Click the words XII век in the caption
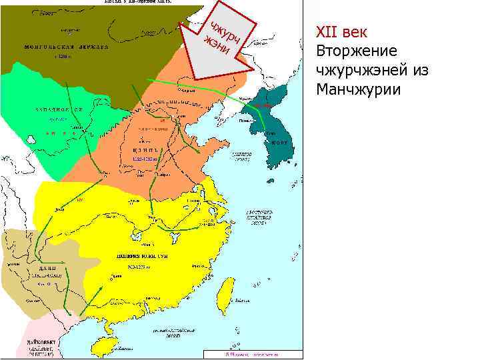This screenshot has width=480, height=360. click(x=346, y=32)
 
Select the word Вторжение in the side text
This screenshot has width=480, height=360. click(x=357, y=51)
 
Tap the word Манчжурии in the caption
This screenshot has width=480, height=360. click(x=359, y=89)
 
